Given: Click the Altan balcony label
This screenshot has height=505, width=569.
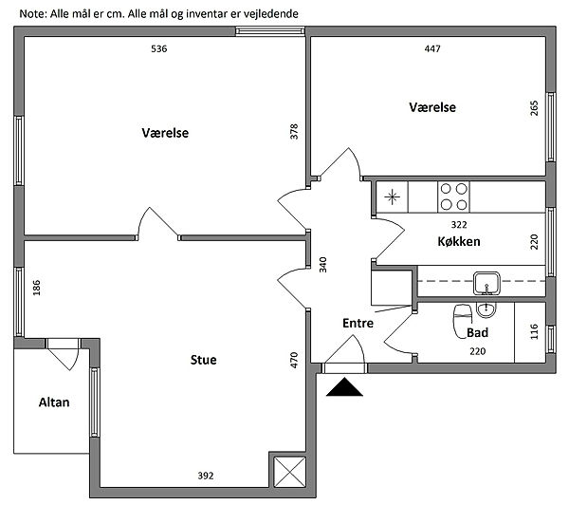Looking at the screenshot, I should coord(53,402).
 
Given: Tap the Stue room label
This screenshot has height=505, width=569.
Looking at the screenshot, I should coord(203,360).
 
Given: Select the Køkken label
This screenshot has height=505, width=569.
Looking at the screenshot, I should coord(459,241).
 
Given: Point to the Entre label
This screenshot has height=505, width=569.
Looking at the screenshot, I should coord(358,324).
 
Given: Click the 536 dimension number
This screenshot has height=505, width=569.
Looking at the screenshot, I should coord(159,48).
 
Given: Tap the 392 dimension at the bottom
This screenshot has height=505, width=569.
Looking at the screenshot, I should coord(205,476).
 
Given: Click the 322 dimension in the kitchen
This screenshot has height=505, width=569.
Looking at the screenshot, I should coord(459,225).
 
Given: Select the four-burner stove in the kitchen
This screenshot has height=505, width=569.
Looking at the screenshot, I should coord(452,196).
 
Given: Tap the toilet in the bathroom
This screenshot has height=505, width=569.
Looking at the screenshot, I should coord(462,313).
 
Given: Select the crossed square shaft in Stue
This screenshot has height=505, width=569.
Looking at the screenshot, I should coord(289,471).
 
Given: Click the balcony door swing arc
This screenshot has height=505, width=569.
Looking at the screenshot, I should coord(64,358).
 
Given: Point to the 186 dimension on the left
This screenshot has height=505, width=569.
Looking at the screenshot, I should coord(37,290).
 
